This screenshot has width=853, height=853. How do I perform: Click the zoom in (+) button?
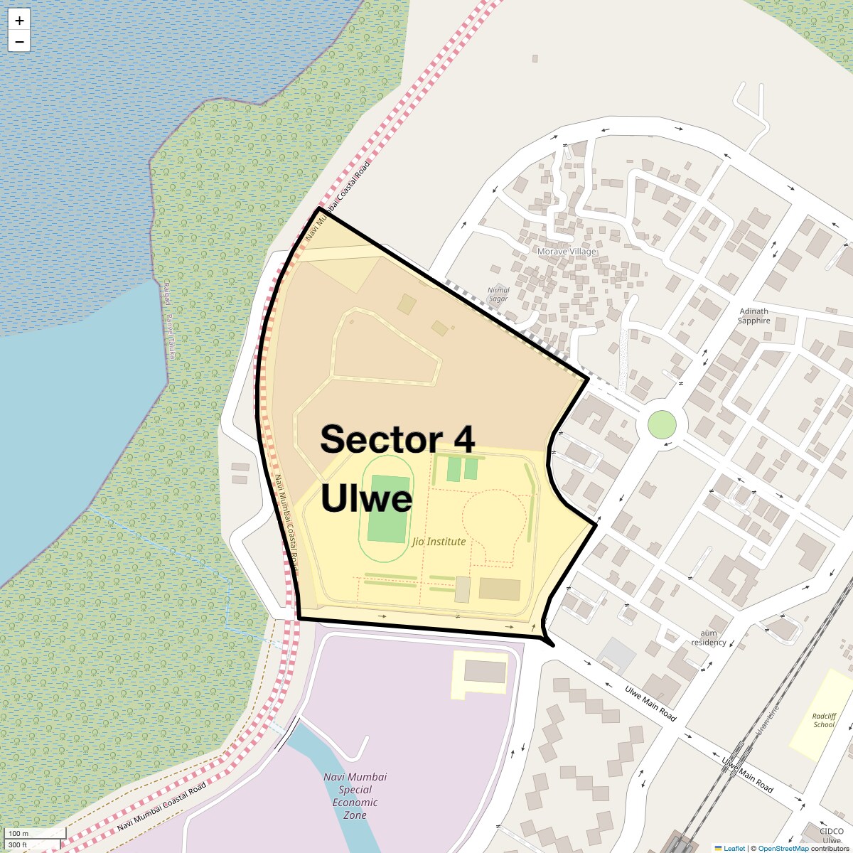19,21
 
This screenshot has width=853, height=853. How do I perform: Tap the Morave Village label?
567,252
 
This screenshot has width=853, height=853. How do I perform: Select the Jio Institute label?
439,542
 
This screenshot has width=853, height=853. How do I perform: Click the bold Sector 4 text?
397,439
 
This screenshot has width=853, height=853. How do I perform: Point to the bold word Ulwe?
366,498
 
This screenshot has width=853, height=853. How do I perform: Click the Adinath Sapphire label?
753,316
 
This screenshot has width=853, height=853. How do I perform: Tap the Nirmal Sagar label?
498,294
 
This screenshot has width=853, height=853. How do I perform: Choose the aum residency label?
709,638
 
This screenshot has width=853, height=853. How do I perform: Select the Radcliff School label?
824,720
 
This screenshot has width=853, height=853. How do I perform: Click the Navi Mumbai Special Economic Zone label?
355,796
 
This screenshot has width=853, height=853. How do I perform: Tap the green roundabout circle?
662,425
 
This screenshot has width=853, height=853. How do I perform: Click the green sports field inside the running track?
388,509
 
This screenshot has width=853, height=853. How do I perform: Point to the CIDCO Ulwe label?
831,835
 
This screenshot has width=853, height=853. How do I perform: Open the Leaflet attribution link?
734,848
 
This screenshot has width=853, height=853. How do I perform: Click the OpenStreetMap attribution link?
783,848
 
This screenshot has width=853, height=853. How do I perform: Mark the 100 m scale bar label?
19,833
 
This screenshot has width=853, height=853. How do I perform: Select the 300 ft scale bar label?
18,845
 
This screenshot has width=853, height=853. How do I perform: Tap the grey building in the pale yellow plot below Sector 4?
485,671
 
